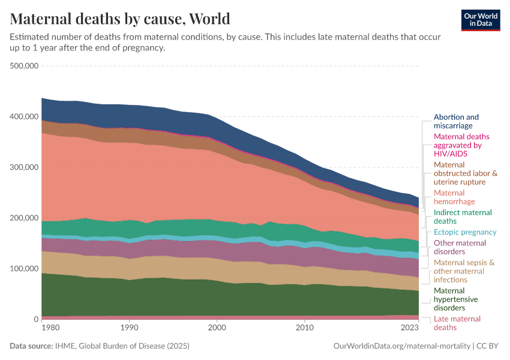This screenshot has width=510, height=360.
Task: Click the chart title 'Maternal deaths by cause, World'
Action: (120, 19)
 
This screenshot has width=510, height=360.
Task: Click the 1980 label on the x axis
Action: (50, 328)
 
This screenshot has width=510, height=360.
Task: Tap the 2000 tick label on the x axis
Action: (217, 328)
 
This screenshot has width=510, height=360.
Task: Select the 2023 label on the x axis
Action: (409, 328)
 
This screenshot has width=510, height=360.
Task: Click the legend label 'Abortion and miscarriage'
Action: (456, 121)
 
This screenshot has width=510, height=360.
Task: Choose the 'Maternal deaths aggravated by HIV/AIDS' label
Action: (458, 145)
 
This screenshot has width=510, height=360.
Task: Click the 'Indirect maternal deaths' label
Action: (463, 217)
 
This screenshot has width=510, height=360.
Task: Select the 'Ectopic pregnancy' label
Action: (465, 232)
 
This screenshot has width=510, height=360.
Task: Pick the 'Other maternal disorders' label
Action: (460, 247)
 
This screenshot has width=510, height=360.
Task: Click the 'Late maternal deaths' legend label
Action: (457, 323)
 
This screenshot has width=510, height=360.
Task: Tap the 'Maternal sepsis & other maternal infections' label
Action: (464, 271)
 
